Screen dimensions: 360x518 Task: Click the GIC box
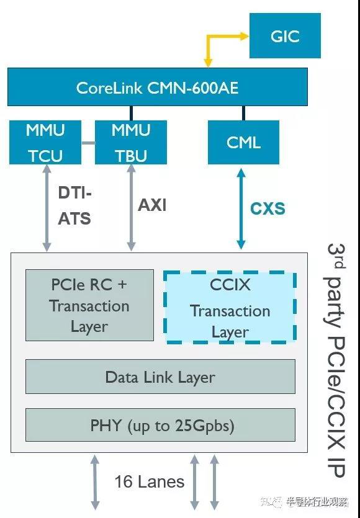coord(285,36)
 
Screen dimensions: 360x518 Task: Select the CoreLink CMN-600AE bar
coord(158,87)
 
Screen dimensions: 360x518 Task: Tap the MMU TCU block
coord(45,143)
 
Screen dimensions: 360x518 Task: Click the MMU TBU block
coord(131,143)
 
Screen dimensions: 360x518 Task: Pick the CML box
coord(243,143)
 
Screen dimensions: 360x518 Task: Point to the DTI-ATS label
coord(74,205)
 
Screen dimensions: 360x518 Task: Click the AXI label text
coord(152,205)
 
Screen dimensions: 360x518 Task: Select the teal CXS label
coord(268,208)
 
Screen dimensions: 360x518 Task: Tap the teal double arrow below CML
coord(241,209)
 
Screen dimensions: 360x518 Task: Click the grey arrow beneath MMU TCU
coord(47,208)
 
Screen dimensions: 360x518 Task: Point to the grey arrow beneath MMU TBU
coord(132,208)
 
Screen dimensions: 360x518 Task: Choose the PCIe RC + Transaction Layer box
coord(89,305)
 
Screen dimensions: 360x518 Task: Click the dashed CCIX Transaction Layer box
coord(230,308)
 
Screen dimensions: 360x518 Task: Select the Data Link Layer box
coord(160,377)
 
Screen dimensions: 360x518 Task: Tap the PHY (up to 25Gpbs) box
coord(160,425)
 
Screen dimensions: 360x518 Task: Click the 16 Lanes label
coord(150,481)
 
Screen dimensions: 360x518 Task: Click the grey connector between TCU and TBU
coord(88,143)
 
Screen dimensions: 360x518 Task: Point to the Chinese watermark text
coord(304,502)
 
